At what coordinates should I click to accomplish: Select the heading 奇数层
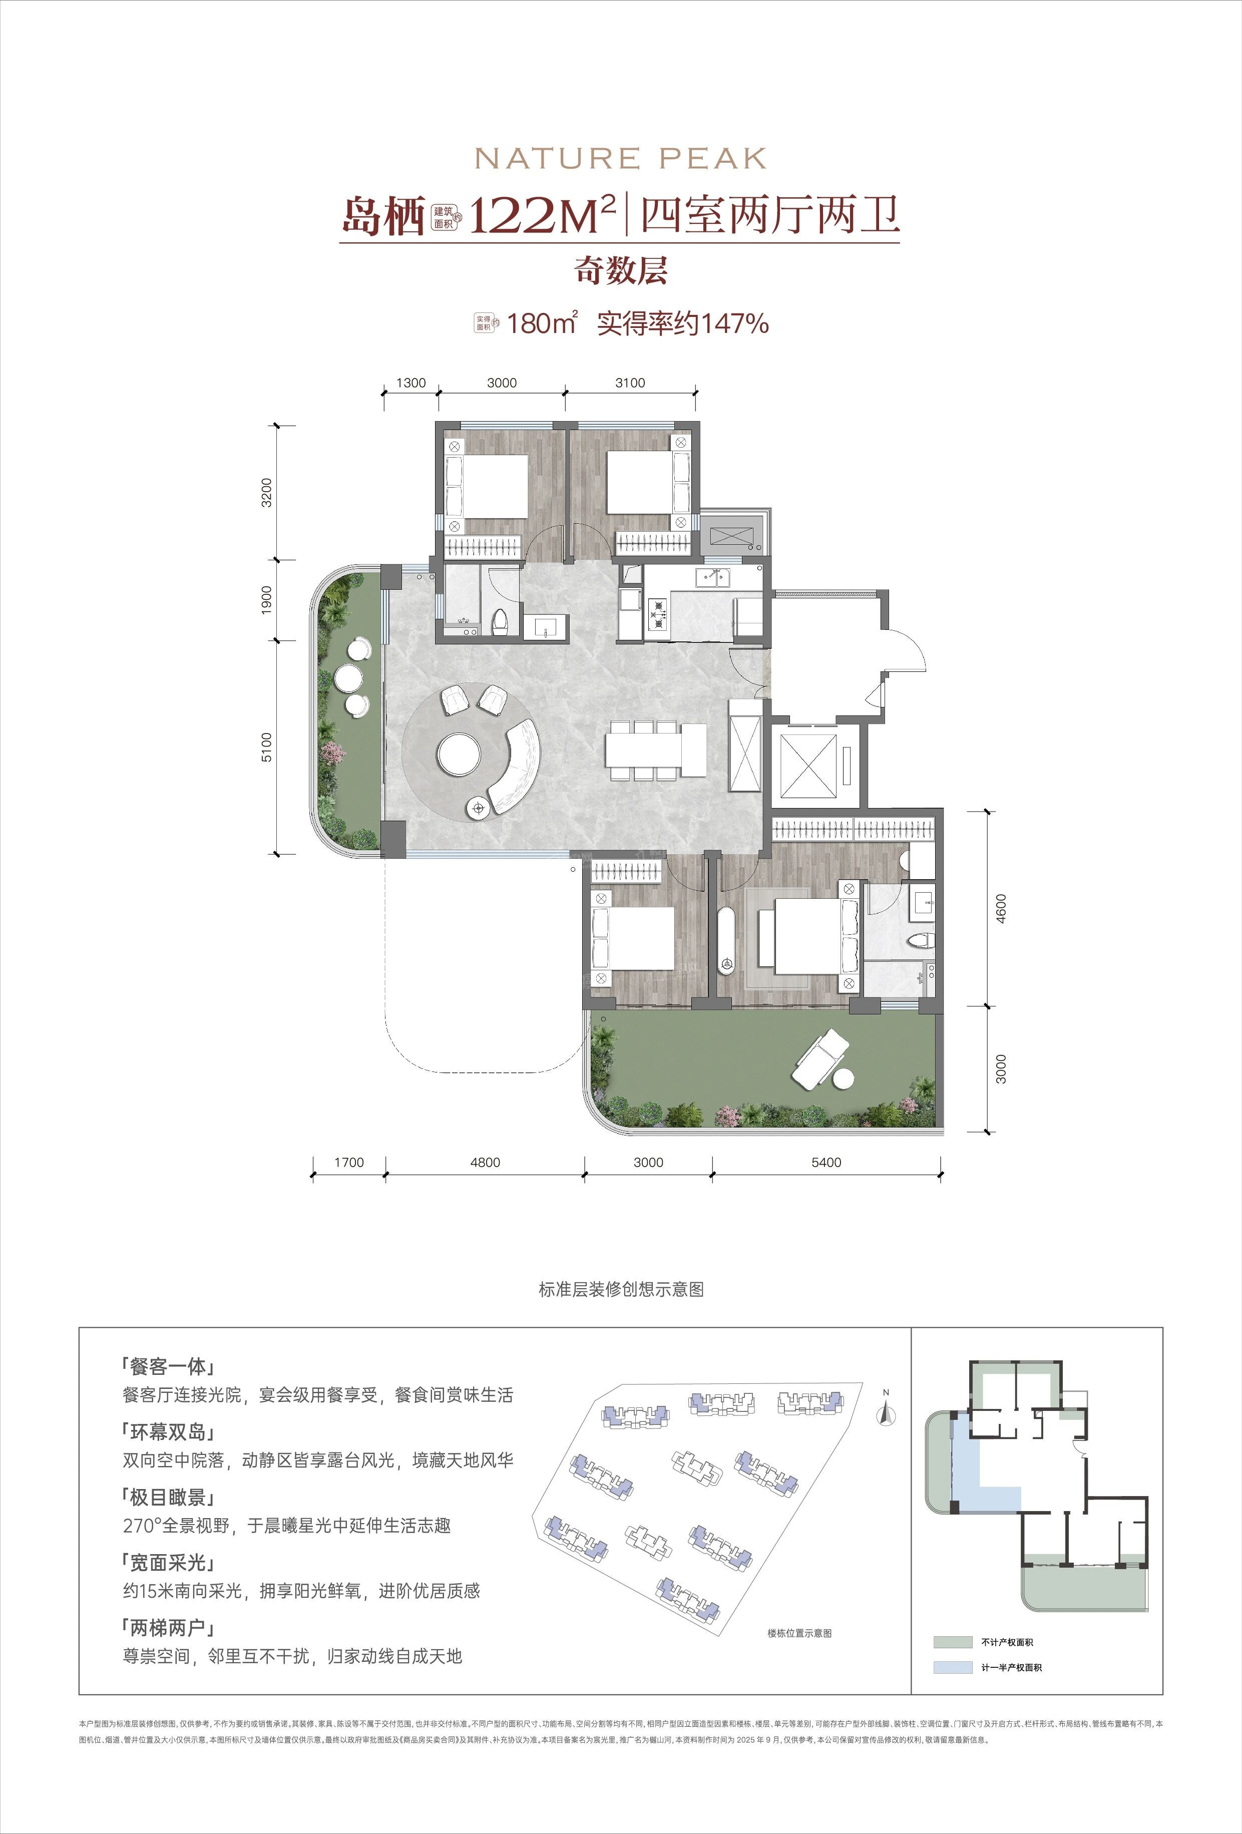(x=620, y=271)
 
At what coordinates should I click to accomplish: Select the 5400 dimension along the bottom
(x=826, y=1163)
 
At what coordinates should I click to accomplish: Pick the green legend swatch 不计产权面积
(x=953, y=1642)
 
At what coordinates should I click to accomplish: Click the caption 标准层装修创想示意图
(x=620, y=1289)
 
